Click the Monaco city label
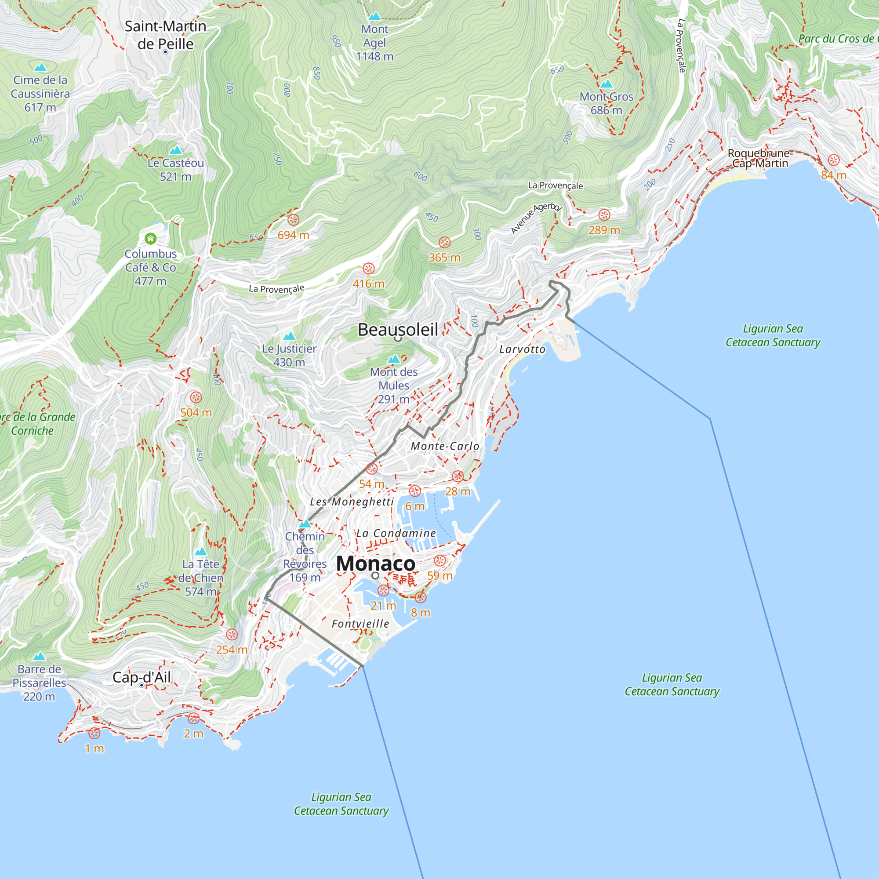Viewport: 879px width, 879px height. (375, 564)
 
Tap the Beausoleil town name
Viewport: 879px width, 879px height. (398, 329)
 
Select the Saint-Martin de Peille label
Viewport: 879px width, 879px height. (165, 35)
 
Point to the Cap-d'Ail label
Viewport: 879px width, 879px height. (142, 677)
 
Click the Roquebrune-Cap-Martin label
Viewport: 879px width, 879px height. (760, 158)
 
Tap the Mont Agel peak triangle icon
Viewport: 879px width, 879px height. (374, 16)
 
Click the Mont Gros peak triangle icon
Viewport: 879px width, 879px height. (606, 84)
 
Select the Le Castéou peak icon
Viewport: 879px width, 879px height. (176, 150)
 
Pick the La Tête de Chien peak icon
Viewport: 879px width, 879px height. (201, 552)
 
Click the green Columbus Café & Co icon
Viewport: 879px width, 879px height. (151, 238)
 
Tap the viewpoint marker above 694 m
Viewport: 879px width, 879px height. (294, 220)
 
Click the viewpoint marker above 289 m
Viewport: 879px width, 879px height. (604, 215)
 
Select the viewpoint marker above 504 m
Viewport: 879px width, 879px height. (196, 398)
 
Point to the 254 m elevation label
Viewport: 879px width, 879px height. (232, 650)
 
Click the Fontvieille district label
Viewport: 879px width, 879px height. (360, 624)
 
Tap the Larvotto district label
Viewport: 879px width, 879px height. (522, 349)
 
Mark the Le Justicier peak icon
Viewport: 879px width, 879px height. (289, 336)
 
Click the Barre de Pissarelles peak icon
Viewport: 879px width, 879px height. (40, 656)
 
